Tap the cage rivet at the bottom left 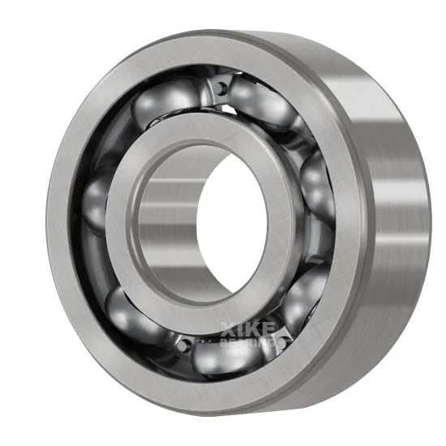coord(179,344)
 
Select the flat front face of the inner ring coord(122,243)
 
